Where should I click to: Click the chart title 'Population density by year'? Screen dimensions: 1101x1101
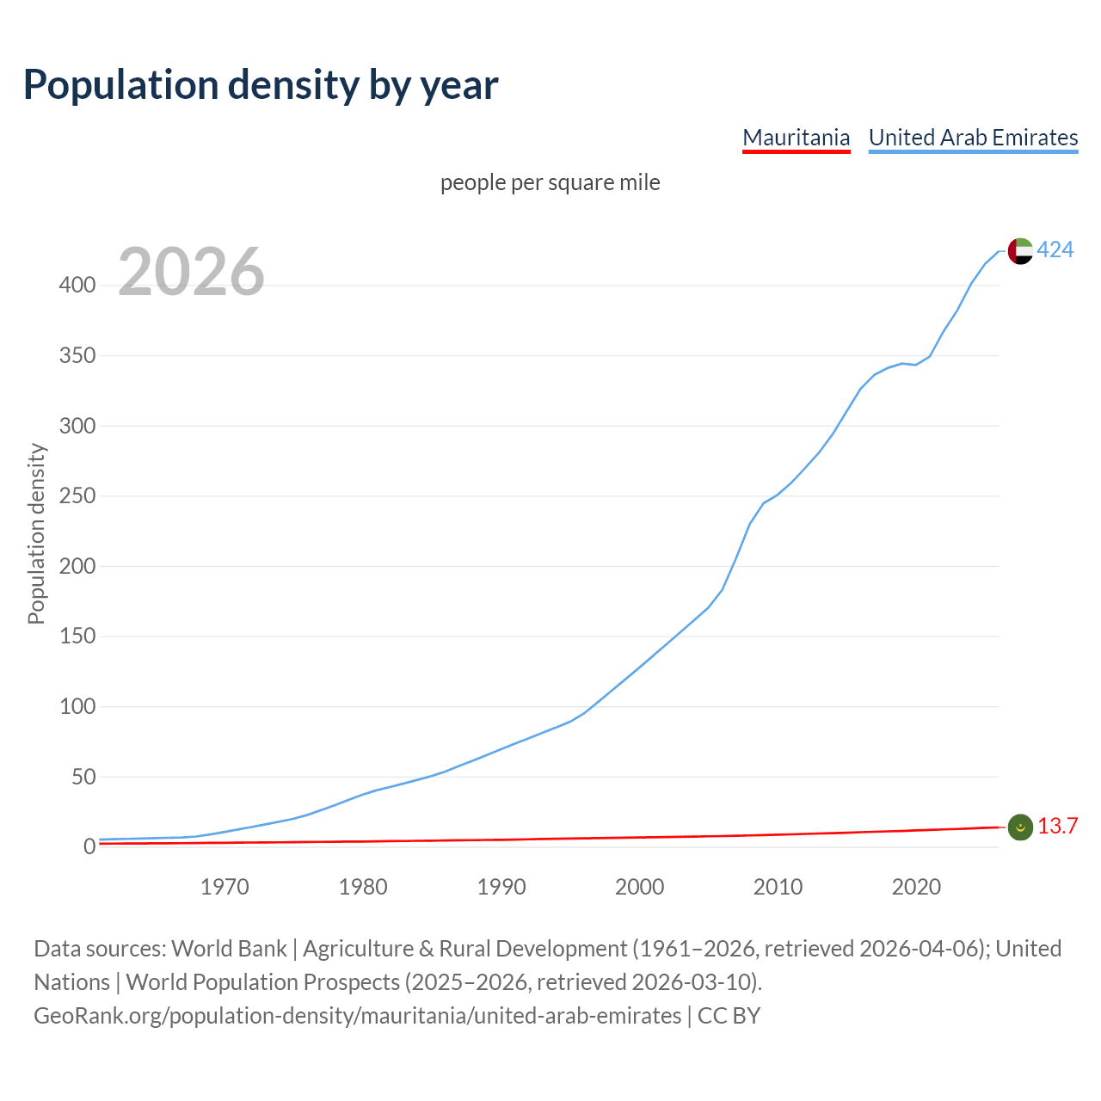tap(261, 84)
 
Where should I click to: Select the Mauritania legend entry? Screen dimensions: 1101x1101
tap(796, 138)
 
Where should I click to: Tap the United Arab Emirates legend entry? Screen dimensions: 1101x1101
tap(973, 138)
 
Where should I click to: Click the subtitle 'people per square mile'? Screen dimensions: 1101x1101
tap(550, 182)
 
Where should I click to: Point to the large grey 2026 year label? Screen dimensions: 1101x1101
tap(191, 272)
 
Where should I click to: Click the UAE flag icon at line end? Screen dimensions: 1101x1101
tap(1019, 250)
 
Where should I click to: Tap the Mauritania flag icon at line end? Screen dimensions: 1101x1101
tap(1019, 827)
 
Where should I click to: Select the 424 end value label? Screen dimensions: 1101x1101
tap(1055, 249)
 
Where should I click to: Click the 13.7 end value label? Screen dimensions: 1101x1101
tap(1057, 826)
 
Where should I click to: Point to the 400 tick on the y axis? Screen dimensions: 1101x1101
tap(77, 285)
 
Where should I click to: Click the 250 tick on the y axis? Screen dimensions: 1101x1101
tap(77, 496)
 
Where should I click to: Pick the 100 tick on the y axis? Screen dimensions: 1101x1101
tap(77, 707)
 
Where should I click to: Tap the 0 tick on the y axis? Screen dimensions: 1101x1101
tap(89, 847)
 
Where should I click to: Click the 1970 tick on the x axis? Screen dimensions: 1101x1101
tap(225, 887)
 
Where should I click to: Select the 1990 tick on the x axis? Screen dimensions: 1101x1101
tap(501, 887)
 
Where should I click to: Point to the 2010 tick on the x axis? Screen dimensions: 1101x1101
tap(778, 887)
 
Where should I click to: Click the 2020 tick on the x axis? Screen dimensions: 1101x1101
tap(916, 887)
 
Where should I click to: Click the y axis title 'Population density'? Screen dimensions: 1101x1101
tap(36, 533)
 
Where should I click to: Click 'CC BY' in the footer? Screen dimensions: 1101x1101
tap(729, 1016)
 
